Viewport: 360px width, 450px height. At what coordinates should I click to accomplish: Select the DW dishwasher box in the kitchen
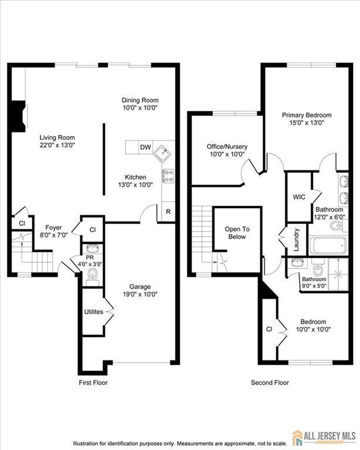[x=145, y=148]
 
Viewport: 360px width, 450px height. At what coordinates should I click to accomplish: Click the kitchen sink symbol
[x=162, y=154]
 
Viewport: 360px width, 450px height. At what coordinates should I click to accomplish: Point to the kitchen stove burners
[x=167, y=174]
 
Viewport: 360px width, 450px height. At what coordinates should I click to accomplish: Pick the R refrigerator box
[x=168, y=212]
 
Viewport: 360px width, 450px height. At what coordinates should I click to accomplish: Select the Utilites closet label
[x=94, y=312]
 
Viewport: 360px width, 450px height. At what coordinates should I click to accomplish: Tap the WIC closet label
[x=298, y=197]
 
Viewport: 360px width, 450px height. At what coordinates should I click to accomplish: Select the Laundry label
[x=296, y=240]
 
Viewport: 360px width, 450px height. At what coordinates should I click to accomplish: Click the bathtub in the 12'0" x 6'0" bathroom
[x=330, y=244]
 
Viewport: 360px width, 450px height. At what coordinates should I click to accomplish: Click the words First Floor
[x=92, y=383]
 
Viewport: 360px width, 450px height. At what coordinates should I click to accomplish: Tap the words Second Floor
[x=270, y=383]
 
